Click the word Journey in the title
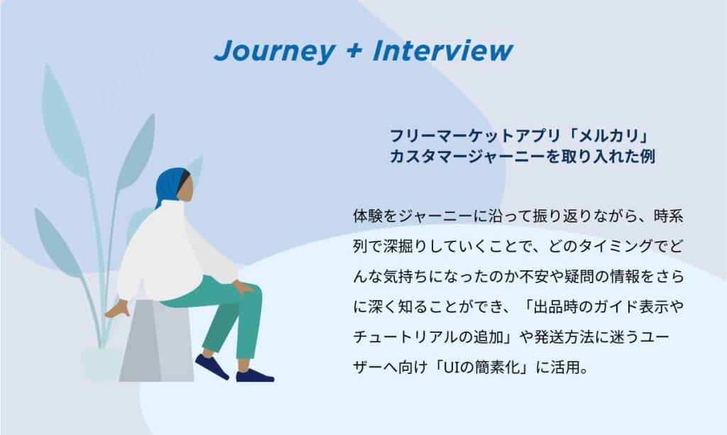275,51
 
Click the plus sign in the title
354,50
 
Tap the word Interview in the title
443,50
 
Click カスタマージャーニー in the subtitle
468,157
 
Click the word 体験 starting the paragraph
368,216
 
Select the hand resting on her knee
243,287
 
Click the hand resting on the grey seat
118,309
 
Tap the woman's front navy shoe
255,375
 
